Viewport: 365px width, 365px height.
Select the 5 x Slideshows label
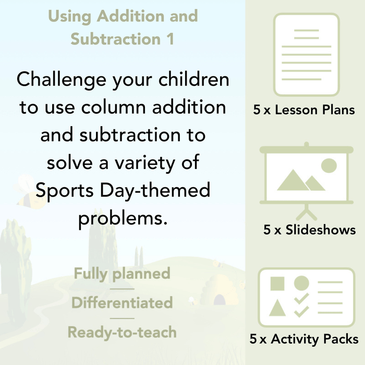click(309, 230)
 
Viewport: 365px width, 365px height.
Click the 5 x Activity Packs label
click(303, 339)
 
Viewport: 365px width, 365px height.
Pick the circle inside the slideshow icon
click(328, 166)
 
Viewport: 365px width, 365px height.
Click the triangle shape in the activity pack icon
click(277, 308)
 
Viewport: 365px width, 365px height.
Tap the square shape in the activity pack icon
click(277, 284)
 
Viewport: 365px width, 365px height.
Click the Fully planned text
click(122, 274)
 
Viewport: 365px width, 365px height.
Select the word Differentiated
click(122, 303)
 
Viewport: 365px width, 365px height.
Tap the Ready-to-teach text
click(122, 332)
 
